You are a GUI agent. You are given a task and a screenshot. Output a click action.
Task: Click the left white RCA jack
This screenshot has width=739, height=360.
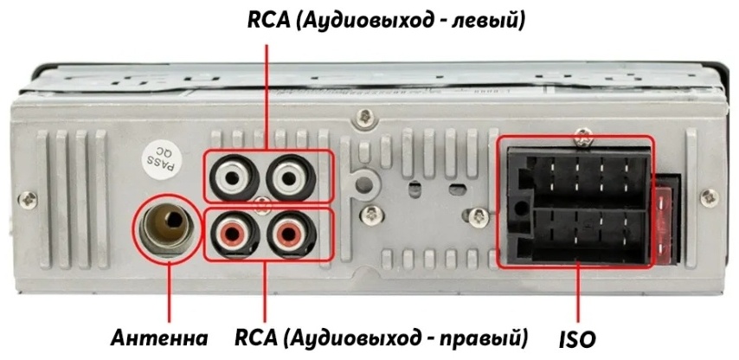tap(235, 177)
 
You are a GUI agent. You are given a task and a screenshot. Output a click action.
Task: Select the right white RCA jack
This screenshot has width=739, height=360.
tap(291, 177)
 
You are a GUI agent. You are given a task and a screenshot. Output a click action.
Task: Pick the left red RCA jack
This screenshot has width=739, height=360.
tap(235, 234)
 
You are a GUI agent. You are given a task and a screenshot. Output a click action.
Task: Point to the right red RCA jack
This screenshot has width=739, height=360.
tap(291, 234)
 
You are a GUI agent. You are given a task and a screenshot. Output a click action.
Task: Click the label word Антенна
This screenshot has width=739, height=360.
tap(159, 337)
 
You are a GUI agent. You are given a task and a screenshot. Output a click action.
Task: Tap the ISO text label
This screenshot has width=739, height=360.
tap(577, 339)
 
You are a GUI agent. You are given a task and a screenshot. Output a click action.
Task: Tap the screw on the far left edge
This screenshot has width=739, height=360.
tap(28, 199)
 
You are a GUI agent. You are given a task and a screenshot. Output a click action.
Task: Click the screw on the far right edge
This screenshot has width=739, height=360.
tap(710, 198)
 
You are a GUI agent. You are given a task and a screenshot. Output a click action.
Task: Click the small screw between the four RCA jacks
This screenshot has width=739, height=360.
tap(262, 205)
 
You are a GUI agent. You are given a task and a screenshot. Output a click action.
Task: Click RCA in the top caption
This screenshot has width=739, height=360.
tap(269, 22)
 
